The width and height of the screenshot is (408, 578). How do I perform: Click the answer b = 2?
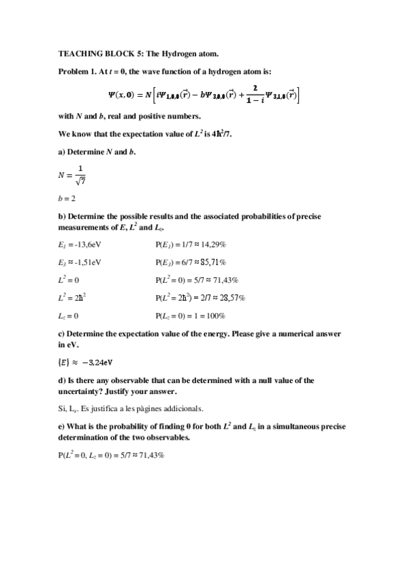(x=67, y=198)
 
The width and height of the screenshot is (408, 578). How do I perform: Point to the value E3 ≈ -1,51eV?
(x=82, y=262)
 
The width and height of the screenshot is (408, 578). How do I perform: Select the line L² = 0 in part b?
(x=69, y=279)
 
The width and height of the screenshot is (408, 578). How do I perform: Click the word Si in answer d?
(x=62, y=408)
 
